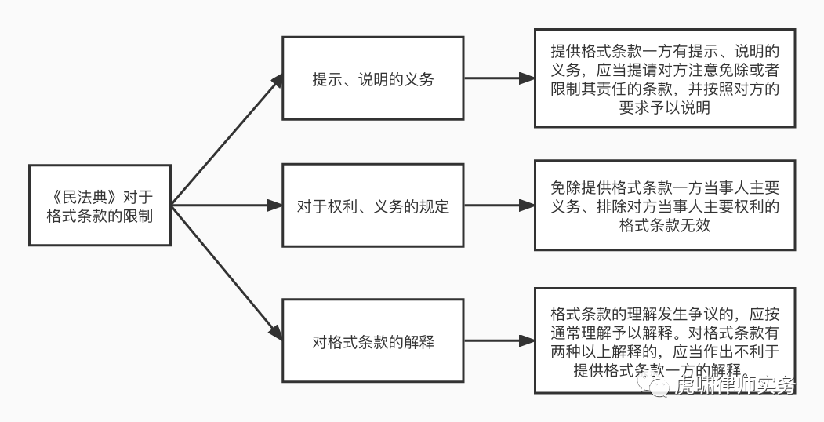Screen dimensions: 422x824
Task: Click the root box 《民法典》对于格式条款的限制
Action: point(100,205)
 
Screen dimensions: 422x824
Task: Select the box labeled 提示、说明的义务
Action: point(372,79)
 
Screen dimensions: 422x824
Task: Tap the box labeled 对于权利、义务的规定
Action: point(372,206)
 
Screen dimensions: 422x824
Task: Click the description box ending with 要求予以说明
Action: point(664,78)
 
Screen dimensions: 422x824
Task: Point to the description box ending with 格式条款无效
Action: point(664,206)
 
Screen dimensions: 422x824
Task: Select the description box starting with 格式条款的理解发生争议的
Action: point(664,341)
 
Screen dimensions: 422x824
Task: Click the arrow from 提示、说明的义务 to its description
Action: point(498,79)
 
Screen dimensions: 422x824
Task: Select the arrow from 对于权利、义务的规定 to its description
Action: point(498,206)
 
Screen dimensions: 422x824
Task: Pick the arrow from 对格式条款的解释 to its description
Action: point(498,342)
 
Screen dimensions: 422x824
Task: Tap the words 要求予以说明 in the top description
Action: point(664,108)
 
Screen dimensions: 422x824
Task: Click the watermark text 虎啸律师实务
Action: point(735,385)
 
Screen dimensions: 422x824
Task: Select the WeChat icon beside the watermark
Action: point(655,384)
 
